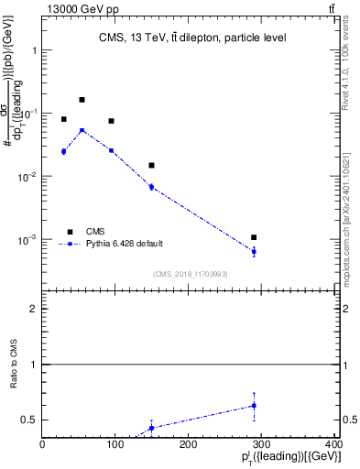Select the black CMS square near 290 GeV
point(254,237)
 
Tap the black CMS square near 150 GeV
point(151,166)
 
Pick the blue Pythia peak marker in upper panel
point(82,130)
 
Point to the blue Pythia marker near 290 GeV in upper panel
point(254,251)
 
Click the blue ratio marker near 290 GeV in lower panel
point(254,405)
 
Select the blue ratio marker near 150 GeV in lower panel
point(151,428)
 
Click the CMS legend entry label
point(95,232)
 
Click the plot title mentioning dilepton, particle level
point(192,38)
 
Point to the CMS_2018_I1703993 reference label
point(191,274)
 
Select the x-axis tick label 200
point(189,444)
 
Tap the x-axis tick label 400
point(333,444)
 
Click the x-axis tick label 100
point(115,444)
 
